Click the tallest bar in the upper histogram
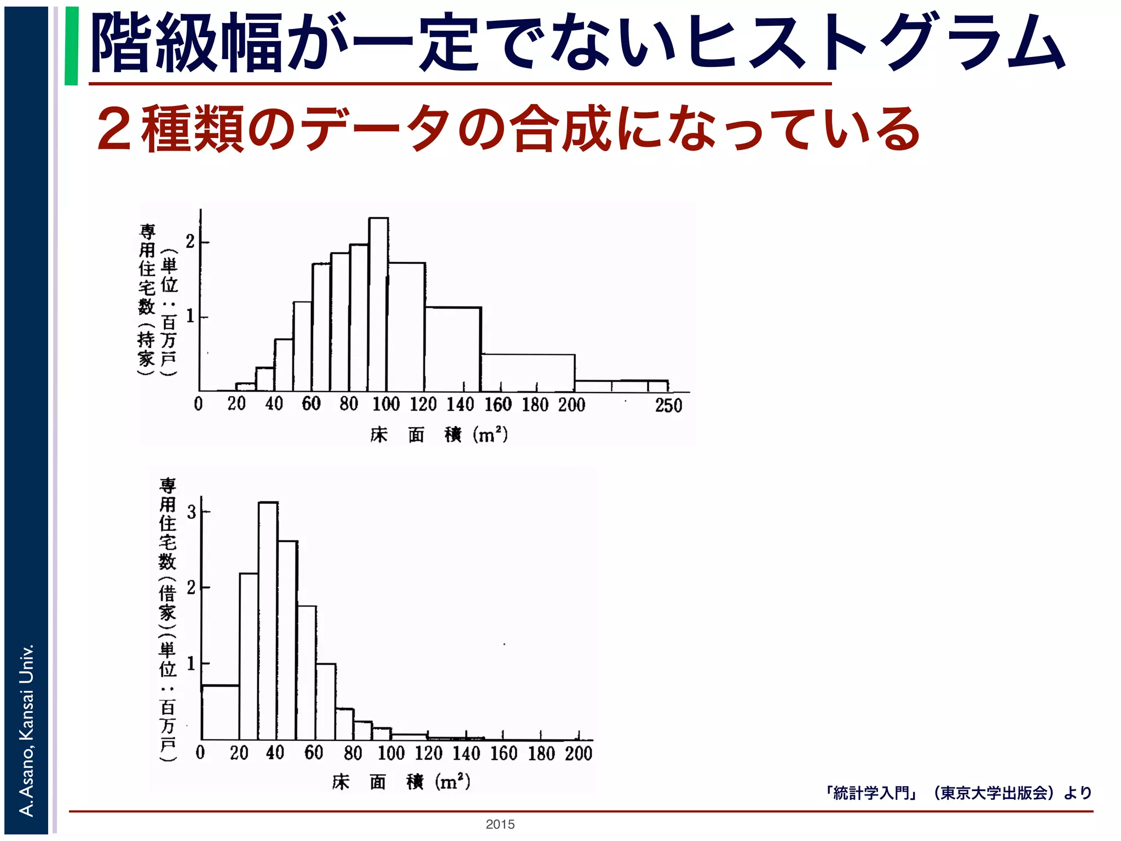pyautogui.click(x=378, y=304)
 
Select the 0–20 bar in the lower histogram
pyautogui.click(x=220, y=712)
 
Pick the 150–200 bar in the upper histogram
pyautogui.click(x=528, y=373)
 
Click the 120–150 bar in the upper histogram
pyautogui.click(x=453, y=349)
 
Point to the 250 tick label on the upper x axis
pyautogui.click(x=668, y=406)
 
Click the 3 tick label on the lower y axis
pyautogui.click(x=191, y=512)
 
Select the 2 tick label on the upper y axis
pyautogui.click(x=190, y=241)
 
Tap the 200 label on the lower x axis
pyautogui.click(x=579, y=753)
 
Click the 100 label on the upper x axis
pyautogui.click(x=386, y=405)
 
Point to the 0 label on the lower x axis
pyautogui.click(x=200, y=752)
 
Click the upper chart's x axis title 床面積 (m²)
pyautogui.click(x=438, y=435)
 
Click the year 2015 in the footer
pyautogui.click(x=500, y=825)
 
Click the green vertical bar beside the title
pyautogui.click(x=71, y=46)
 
